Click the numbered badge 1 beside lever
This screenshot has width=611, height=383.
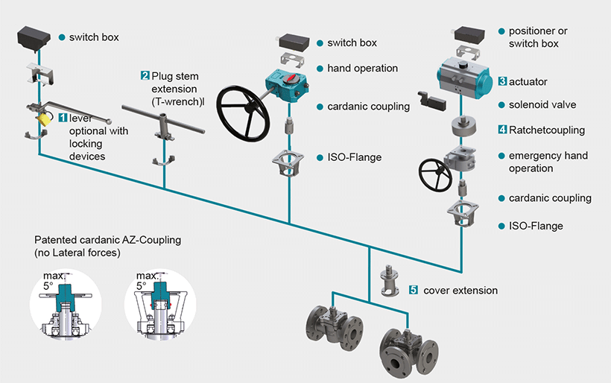point(63,118)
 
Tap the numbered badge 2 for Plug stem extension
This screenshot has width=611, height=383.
point(145,75)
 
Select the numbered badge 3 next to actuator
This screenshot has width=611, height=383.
point(503,81)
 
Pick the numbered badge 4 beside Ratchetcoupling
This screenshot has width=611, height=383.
point(503,130)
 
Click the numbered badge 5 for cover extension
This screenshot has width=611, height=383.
point(414,290)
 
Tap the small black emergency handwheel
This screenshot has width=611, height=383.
point(434,175)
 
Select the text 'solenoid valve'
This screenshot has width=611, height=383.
point(542,105)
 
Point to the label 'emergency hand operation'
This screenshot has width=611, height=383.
point(548,162)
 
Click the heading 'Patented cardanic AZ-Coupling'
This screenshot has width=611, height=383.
point(107,240)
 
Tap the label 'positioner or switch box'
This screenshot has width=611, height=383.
point(538,37)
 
